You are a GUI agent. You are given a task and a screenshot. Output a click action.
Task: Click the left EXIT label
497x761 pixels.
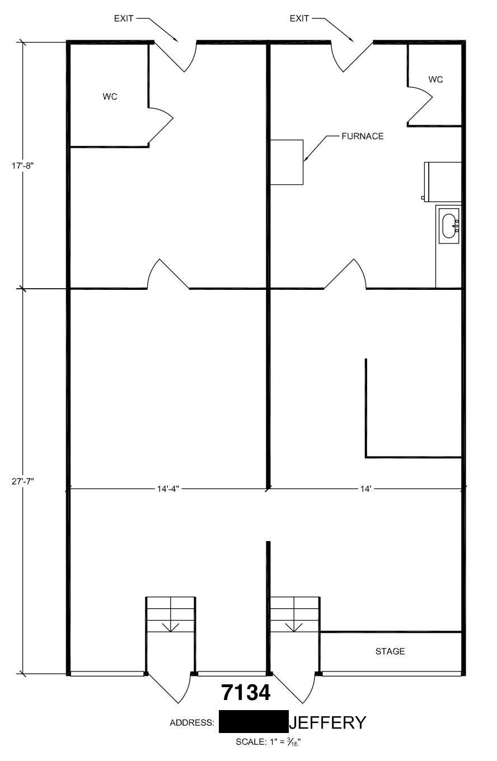pyautogui.click(x=123, y=18)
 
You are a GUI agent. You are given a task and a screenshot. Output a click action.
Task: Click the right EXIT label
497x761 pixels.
pyautogui.click(x=299, y=18)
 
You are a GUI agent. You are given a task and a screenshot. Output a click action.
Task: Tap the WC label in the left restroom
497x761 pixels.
pyautogui.click(x=110, y=97)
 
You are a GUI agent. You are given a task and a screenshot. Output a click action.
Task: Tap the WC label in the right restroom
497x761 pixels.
pyautogui.click(x=435, y=79)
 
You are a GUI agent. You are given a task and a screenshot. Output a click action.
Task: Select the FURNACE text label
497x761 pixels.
pyautogui.click(x=363, y=136)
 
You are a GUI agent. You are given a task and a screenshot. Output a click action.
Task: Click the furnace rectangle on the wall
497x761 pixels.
pyautogui.click(x=287, y=162)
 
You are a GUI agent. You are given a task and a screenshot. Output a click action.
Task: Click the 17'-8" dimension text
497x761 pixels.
pyautogui.click(x=23, y=166)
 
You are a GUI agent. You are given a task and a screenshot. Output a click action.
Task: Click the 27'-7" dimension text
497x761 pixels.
pyautogui.click(x=23, y=481)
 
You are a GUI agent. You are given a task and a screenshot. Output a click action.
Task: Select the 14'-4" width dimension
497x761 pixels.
pyautogui.click(x=168, y=489)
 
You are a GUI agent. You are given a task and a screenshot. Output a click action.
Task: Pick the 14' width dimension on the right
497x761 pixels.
pyautogui.click(x=365, y=489)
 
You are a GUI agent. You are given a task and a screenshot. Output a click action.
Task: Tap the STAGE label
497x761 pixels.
pyautogui.click(x=390, y=651)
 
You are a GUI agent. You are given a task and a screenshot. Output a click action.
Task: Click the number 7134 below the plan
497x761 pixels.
pyautogui.click(x=246, y=692)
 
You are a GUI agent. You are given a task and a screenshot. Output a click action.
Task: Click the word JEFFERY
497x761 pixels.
pyautogui.click(x=327, y=722)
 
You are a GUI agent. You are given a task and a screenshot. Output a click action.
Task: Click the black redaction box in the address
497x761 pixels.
pyautogui.click(x=254, y=721)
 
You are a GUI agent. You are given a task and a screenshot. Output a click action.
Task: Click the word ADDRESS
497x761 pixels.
pyautogui.click(x=192, y=722)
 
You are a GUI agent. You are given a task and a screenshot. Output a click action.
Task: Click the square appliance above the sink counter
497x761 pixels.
pyautogui.click(x=443, y=182)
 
